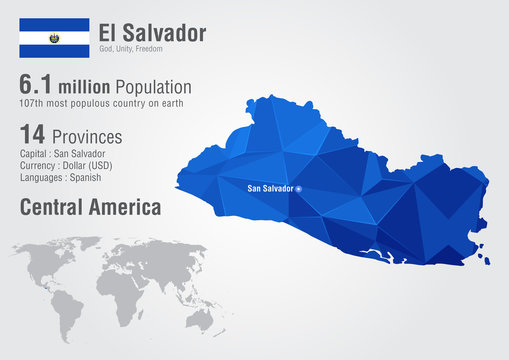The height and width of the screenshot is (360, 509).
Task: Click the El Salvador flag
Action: click(53, 37)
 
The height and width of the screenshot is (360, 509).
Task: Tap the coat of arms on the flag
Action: click(53, 37)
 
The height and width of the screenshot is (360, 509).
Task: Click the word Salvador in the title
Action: click(167, 32)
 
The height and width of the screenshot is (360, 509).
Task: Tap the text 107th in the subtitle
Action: click(35, 102)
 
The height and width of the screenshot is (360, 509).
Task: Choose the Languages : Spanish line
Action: click(62, 177)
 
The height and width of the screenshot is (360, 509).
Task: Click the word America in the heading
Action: click(130, 207)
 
